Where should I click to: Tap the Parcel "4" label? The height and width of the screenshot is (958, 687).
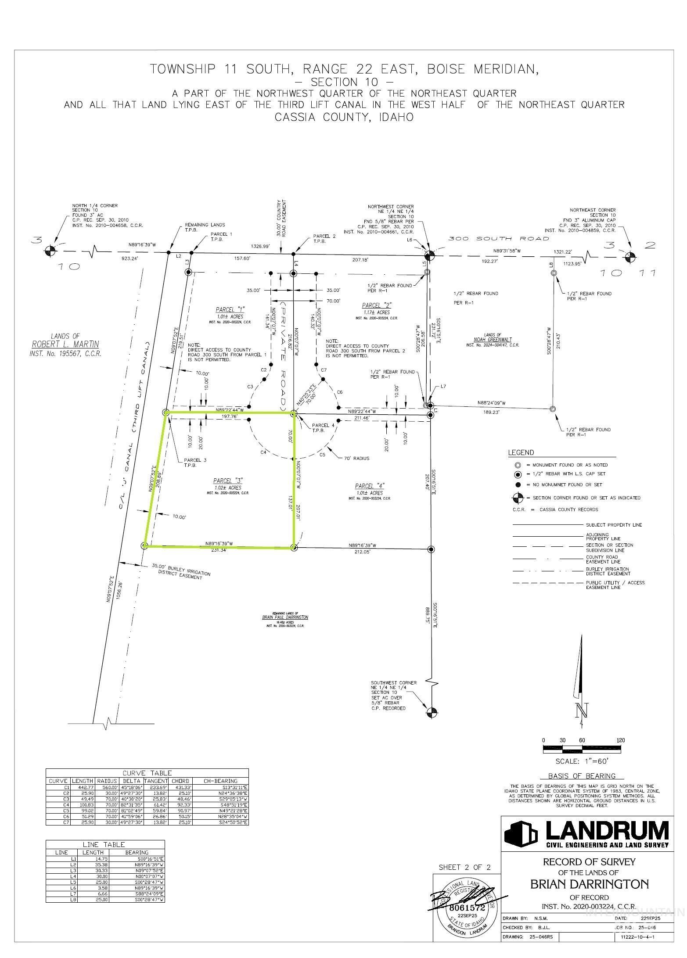[x=370, y=486]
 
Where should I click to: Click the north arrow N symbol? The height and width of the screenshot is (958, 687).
[x=582, y=710]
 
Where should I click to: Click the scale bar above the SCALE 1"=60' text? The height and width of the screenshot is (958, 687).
[x=582, y=748]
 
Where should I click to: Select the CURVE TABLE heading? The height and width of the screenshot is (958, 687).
[x=147, y=773]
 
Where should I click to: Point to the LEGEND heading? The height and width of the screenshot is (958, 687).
[x=521, y=452]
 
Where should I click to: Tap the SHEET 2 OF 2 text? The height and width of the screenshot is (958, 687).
[x=464, y=868]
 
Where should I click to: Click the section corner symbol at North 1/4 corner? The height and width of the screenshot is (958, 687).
[x=50, y=251]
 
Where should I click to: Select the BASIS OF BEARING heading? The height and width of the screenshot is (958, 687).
[x=582, y=776]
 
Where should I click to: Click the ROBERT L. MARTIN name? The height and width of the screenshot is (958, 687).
[x=65, y=344]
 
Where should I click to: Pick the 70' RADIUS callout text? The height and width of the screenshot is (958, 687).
[x=356, y=458]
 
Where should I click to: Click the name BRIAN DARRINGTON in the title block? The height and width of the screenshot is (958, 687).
[x=589, y=884]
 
